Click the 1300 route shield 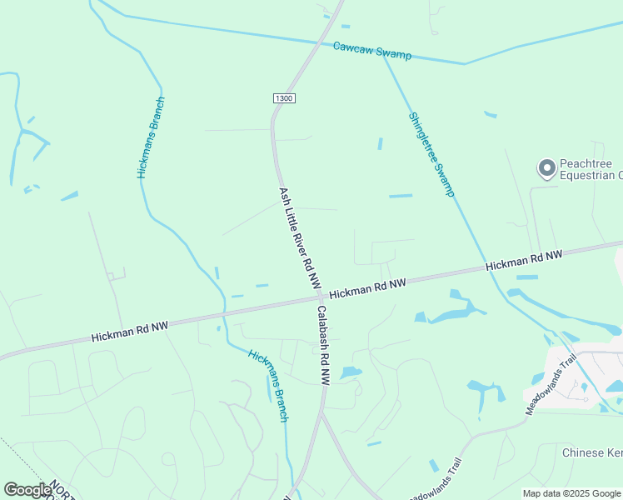point(284,98)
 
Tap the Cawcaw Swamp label point(372,51)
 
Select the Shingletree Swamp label point(431,154)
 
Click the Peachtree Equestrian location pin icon point(546,169)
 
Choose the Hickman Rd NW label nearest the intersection point(367,289)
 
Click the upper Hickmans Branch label point(152,138)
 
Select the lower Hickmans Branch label point(269,385)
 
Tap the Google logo point(27,490)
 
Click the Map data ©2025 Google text point(572,493)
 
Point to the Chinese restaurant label point(592,453)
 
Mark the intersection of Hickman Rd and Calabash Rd point(319,297)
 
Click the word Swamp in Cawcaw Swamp point(394,53)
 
